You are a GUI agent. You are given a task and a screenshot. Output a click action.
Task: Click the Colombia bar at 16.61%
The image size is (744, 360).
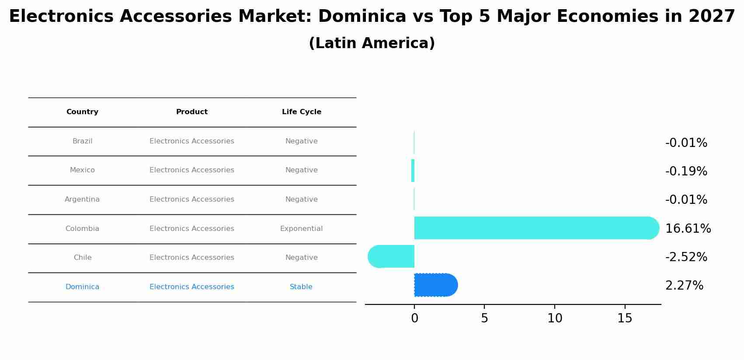point(535,228)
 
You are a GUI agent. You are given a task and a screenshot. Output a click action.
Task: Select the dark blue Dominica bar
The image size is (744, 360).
point(435,285)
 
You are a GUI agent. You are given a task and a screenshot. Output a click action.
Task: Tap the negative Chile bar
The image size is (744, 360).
point(391,256)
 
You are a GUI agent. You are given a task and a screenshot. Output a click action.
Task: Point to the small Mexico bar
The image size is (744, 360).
point(413,171)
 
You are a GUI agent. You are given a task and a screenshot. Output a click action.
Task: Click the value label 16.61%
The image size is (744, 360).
point(688,228)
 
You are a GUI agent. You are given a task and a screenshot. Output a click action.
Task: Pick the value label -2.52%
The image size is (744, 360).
point(686,257)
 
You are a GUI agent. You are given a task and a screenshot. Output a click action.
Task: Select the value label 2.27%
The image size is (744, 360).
point(684,286)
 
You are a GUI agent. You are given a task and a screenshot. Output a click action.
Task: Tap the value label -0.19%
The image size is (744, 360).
point(686,171)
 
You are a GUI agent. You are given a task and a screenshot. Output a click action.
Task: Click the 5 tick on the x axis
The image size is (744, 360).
point(484,318)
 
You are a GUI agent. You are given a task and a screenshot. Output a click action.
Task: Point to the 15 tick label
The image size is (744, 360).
point(625,318)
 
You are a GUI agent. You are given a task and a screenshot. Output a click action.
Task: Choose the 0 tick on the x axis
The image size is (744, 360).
point(414,318)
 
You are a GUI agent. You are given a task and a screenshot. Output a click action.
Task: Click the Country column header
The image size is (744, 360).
point(82,112)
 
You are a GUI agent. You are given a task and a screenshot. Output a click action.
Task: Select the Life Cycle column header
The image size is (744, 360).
point(301,112)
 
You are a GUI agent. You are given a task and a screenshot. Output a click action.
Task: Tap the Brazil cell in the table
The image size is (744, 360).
point(82,141)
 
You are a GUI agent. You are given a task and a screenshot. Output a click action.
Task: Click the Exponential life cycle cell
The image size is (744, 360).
point(301,229)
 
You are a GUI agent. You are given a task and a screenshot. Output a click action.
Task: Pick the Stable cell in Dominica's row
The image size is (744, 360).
point(301,287)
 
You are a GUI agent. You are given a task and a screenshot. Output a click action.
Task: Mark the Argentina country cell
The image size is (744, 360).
point(82,199)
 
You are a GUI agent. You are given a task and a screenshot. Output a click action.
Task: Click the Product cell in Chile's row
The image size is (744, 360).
point(191,258)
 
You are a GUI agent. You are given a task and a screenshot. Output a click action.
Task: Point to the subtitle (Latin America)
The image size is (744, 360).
point(372,43)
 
